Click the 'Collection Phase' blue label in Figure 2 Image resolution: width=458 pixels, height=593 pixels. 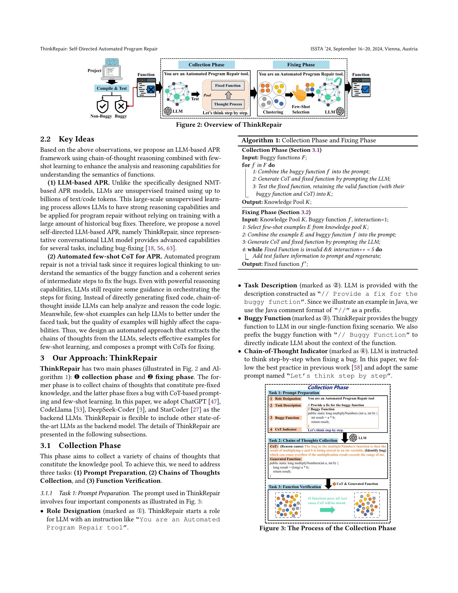click(x=206, y=65)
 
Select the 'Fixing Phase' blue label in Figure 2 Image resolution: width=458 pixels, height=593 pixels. click(x=301, y=65)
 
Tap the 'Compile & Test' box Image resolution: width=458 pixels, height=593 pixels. click(x=112, y=88)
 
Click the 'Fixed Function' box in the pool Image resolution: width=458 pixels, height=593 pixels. click(x=228, y=85)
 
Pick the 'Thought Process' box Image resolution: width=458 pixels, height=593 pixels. click(x=228, y=104)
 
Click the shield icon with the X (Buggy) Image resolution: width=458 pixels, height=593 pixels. click(x=121, y=106)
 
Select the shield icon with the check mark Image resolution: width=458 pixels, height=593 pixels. click(x=103, y=106)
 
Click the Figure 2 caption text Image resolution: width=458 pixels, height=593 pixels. click(x=229, y=125)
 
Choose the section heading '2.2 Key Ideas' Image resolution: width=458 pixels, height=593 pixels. click(x=67, y=139)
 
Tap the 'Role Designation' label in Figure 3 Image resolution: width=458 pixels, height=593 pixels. click(x=288, y=399)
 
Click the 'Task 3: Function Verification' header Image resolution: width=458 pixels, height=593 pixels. click(x=295, y=487)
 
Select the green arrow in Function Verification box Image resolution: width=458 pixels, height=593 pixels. click(x=328, y=510)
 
